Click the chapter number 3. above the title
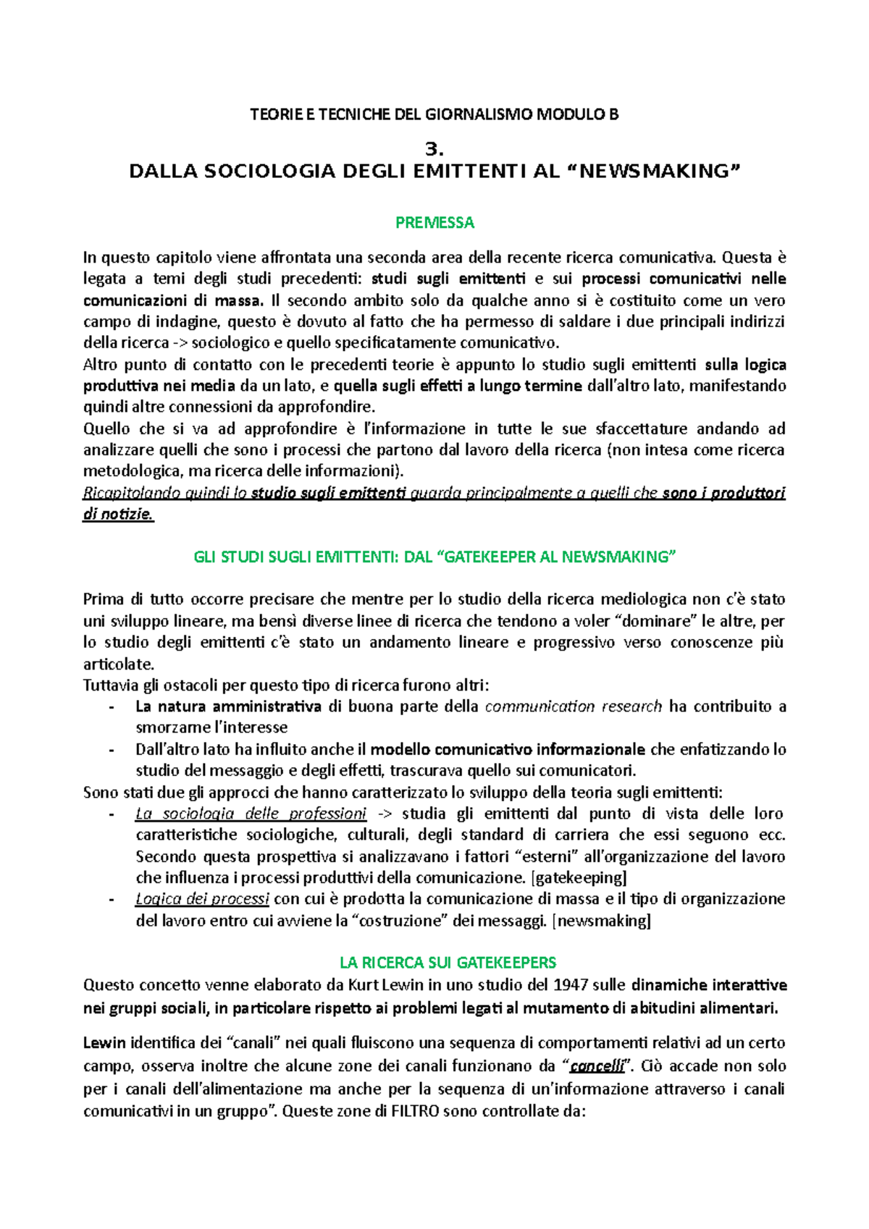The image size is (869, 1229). [x=434, y=149]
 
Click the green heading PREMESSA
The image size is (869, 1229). [x=434, y=222]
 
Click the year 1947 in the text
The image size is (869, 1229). [x=571, y=985]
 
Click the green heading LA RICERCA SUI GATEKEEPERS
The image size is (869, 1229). [x=448, y=963]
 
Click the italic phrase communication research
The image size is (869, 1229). [x=573, y=706]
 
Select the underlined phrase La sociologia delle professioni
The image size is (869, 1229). [x=251, y=814]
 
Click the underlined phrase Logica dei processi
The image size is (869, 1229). [x=202, y=899]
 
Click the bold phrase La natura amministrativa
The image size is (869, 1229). [x=228, y=706]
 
